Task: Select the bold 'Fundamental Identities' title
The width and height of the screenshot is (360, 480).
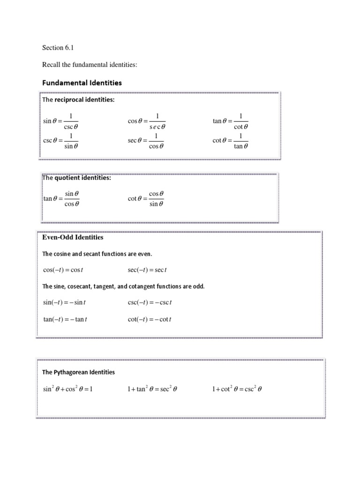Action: tap(82, 82)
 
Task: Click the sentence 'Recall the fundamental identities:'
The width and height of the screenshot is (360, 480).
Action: tap(90, 65)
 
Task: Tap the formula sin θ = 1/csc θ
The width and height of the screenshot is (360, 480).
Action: tap(60, 121)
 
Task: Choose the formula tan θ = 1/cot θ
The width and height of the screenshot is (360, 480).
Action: tap(230, 121)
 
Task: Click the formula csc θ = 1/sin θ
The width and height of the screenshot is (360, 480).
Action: tap(60, 141)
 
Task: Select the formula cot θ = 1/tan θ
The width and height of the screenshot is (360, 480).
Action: tap(230, 141)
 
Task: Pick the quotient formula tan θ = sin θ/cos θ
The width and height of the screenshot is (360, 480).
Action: tap(61, 199)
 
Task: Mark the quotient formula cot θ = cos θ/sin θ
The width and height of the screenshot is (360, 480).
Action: tap(146, 199)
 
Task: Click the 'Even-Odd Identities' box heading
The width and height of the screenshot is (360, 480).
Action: tap(73, 238)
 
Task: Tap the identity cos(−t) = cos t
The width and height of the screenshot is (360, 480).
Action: tap(63, 270)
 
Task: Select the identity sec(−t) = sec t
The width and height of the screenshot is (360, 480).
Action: tap(147, 270)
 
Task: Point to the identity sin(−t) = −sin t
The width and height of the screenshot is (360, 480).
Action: tap(64, 302)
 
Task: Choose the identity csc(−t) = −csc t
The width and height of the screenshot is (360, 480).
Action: tap(150, 302)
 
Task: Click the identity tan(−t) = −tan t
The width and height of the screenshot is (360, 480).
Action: tap(65, 320)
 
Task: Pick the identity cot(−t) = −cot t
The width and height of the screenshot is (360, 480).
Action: tap(150, 320)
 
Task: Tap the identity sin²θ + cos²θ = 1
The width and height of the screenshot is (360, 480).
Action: tap(68, 389)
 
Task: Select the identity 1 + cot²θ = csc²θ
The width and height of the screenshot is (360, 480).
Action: tap(236, 389)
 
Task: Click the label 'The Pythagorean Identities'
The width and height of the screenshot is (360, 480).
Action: tap(78, 372)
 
